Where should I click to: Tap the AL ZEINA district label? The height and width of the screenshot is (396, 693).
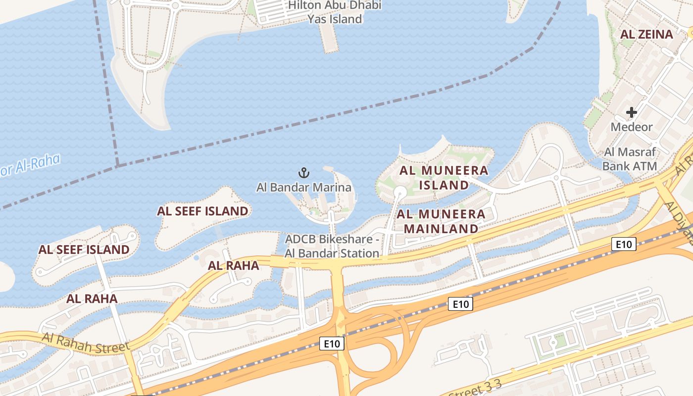646,34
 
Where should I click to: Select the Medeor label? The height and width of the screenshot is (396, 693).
631,127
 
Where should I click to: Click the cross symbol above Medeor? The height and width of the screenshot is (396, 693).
631,112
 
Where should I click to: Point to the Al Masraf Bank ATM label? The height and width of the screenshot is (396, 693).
630,159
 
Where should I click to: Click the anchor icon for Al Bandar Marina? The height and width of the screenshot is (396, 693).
304,173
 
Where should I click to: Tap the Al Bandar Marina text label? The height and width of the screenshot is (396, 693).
304,187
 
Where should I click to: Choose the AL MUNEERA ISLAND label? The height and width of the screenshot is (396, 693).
444,178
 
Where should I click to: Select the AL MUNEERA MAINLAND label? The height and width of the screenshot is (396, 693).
441,221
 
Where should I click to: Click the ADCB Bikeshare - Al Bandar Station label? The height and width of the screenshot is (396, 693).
332,247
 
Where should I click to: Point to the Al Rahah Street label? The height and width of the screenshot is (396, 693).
86,343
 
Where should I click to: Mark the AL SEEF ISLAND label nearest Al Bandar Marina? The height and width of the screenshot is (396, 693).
202,211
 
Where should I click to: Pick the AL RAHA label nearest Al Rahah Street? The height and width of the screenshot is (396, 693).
92,298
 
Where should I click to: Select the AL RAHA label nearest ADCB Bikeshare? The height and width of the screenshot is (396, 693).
233,265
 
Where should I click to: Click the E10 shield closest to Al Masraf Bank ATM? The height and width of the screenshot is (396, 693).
623,244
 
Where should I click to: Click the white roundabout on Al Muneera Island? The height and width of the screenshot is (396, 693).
400,192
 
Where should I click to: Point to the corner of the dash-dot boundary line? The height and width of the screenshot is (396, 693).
118,165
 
